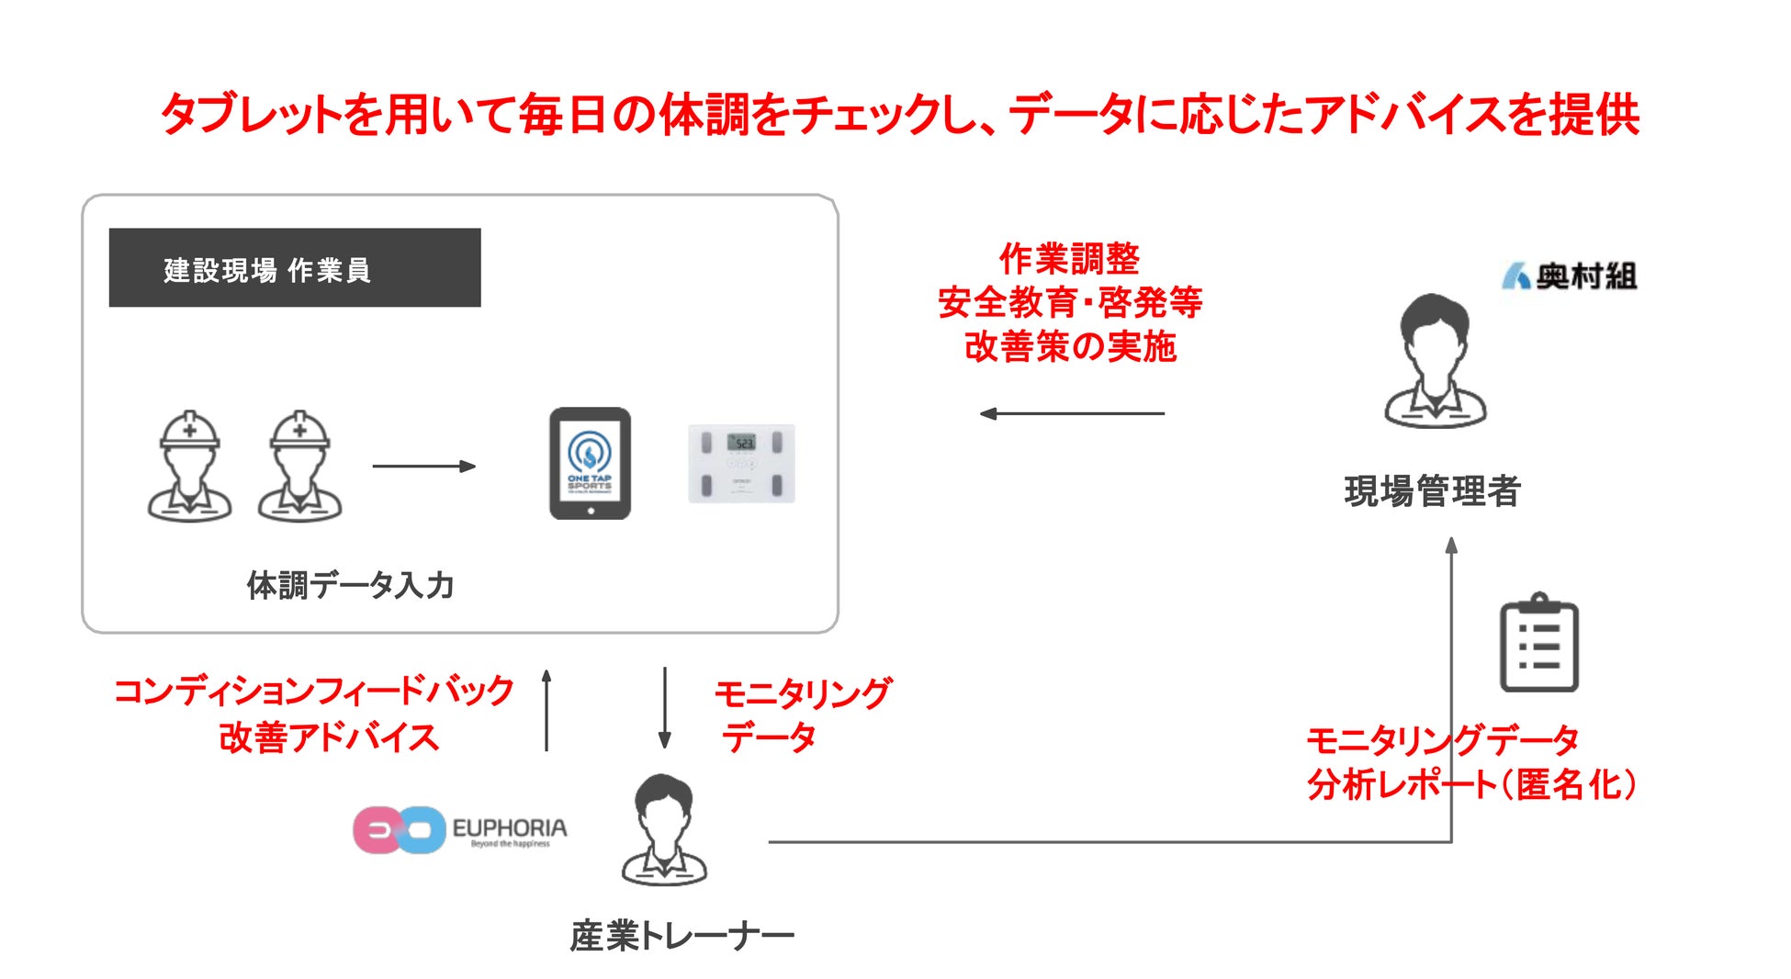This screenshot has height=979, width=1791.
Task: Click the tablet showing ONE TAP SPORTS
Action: tap(590, 464)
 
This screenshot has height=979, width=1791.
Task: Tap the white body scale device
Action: tap(741, 464)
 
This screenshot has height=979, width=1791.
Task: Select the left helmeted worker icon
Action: tap(189, 467)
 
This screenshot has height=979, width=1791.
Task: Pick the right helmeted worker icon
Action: tap(299, 467)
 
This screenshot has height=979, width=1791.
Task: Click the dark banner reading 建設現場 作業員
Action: tap(294, 268)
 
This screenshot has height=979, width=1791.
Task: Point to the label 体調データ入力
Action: tap(350, 585)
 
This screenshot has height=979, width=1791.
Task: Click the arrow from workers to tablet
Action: tap(423, 467)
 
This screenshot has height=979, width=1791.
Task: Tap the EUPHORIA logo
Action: tap(460, 830)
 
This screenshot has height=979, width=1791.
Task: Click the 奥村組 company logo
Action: tap(1569, 276)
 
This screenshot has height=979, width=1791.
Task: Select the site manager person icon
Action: tap(1435, 362)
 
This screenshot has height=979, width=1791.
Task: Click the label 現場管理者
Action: tap(1432, 491)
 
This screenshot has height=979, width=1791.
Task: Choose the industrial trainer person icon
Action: tap(664, 830)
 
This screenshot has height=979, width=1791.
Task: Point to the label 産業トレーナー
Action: tap(681, 936)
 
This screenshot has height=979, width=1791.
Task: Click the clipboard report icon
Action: tap(1538, 643)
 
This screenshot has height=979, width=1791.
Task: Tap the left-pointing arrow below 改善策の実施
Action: tap(1072, 414)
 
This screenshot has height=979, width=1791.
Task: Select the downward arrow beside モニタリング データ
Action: tap(665, 707)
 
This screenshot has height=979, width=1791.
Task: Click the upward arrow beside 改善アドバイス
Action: tap(546, 710)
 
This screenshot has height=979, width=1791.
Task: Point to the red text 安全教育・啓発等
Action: tap(1070, 302)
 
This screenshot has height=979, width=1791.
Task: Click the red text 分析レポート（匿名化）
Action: tap(1471, 785)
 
